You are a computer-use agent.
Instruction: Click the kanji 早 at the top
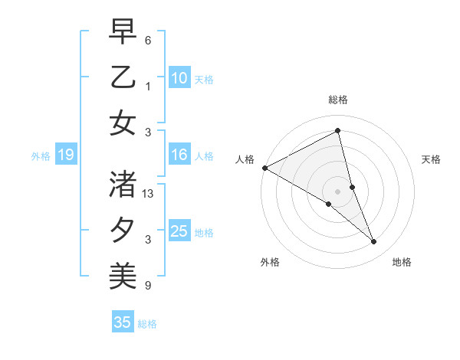pos(123,32)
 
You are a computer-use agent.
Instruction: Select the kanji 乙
pos(123,77)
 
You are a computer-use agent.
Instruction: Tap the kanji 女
pos(123,122)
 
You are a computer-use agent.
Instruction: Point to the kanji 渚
pos(123,185)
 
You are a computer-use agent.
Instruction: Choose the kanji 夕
pos(123,230)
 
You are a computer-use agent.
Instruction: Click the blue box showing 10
pos(179,78)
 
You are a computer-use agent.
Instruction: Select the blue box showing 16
pos(179,155)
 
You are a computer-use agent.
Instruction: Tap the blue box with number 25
pos(179,232)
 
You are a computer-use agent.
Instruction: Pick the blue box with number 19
pos(65,155)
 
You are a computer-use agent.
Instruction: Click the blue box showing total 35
pos(123,322)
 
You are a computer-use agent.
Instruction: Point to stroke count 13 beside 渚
pos(149,195)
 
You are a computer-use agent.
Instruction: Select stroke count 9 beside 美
pos(148,286)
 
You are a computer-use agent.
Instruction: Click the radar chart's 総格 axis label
pos(338,100)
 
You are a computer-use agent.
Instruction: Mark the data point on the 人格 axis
pos(264,168)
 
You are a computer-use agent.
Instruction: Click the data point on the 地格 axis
pos(374,242)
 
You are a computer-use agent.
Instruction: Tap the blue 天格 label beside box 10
pos(204,80)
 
